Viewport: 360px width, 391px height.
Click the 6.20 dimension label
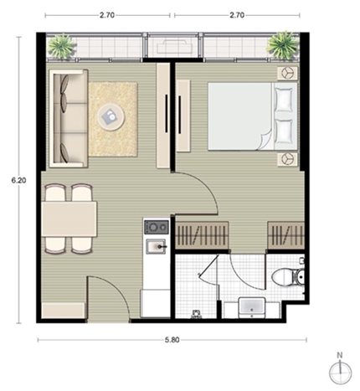click(18, 180)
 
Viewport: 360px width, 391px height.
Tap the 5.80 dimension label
click(172, 340)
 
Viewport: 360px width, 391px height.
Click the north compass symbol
click(340, 369)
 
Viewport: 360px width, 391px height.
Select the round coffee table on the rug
click(111, 117)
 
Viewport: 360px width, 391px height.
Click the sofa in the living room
click(69, 119)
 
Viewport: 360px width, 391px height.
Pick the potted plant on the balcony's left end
click(61, 47)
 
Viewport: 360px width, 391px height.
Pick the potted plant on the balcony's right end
click(282, 45)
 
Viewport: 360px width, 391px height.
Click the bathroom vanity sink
click(252, 307)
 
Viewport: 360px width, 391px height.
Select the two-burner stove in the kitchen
click(157, 227)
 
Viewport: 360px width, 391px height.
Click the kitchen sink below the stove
click(157, 246)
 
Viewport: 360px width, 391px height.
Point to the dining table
click(69, 219)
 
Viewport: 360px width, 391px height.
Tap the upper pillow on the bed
click(284, 99)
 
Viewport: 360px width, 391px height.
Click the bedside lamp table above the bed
click(287, 74)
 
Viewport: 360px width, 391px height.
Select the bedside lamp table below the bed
click(287, 159)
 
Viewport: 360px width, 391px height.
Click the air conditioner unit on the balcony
click(175, 47)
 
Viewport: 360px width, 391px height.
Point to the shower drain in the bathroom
click(197, 315)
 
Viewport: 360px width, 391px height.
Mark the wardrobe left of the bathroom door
click(202, 234)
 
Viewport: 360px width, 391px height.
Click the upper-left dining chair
click(55, 192)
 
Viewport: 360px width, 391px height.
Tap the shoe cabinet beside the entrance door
click(64, 311)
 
